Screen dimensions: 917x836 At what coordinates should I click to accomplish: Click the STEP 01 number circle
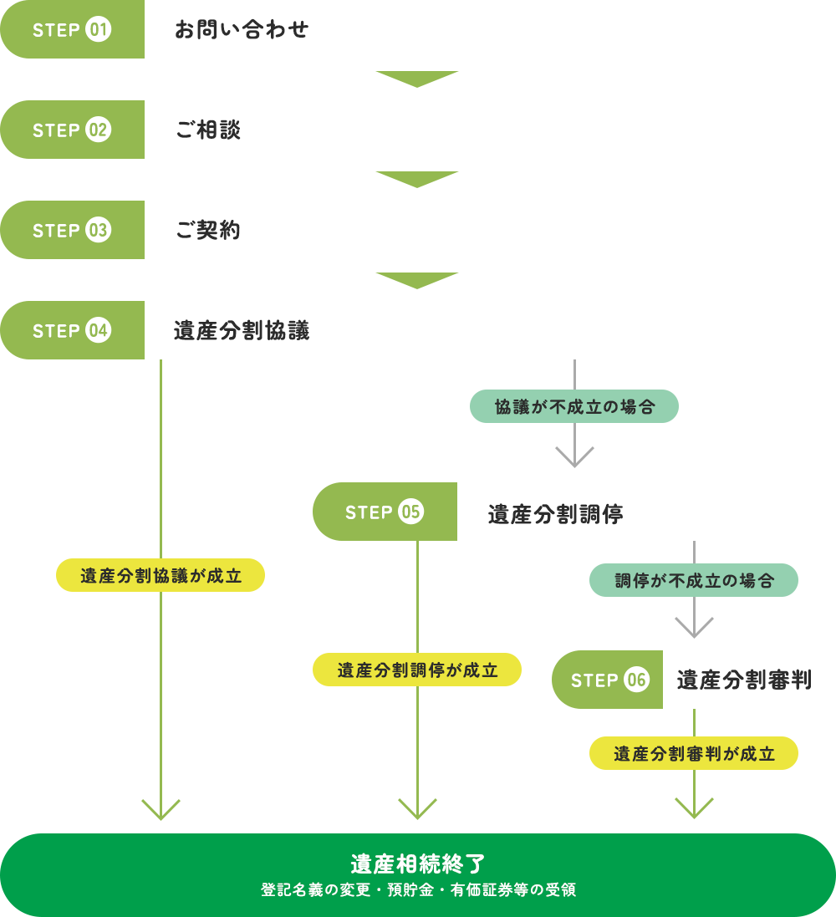99,30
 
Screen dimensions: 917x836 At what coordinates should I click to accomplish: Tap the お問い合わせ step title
242,30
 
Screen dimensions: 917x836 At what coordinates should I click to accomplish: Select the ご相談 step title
208,130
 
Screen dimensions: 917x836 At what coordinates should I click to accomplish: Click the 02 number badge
99,130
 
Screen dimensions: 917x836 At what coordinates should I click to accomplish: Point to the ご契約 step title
208,231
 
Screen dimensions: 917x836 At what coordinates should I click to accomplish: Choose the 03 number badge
99,231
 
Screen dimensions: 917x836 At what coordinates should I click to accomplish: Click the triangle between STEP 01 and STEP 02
417,79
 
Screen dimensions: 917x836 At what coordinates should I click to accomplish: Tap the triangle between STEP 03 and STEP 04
417,280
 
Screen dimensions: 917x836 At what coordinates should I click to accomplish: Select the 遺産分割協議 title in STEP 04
242,331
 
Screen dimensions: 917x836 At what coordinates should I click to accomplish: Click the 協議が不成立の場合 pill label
574,407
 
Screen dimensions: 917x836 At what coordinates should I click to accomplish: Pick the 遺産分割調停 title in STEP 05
555,513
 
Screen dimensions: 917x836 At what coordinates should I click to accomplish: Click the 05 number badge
411,512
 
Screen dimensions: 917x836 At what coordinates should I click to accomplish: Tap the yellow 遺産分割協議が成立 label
161,576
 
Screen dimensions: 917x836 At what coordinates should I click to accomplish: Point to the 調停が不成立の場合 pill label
694,581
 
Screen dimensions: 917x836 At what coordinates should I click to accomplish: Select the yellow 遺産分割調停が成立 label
417,670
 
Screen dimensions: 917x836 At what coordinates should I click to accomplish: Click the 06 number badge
637,680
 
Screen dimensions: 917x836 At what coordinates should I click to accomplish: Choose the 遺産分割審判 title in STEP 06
744,680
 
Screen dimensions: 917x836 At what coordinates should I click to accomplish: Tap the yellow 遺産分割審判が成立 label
694,754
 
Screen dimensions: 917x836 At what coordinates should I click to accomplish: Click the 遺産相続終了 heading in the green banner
417,863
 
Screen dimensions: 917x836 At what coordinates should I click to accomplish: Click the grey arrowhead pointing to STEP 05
574,457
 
